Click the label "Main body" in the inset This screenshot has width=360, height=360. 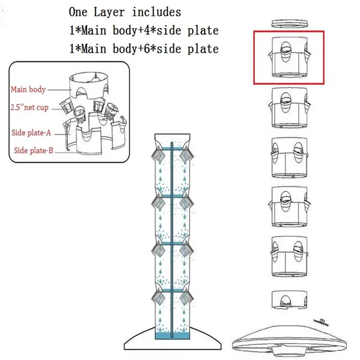(x=28, y=89)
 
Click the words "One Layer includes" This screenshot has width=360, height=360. (x=125, y=12)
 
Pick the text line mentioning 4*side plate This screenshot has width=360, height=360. (x=143, y=30)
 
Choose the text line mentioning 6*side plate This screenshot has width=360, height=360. (x=143, y=49)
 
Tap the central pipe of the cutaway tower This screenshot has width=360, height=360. (x=172, y=236)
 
